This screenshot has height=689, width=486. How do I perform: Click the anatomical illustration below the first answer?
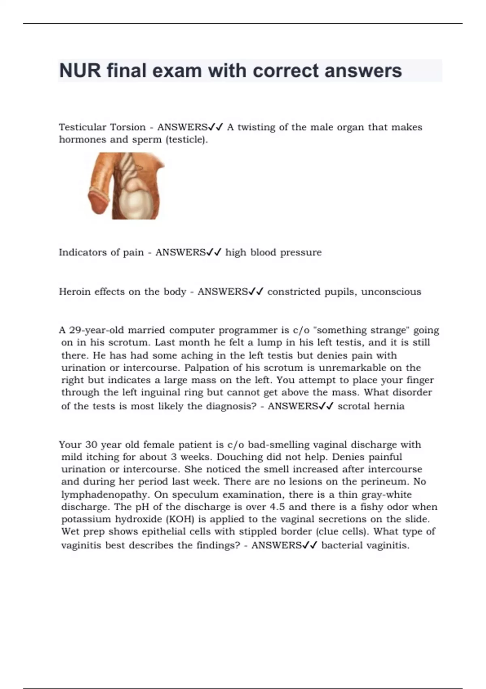point(126,186)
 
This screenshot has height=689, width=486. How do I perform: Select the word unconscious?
point(391,292)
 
